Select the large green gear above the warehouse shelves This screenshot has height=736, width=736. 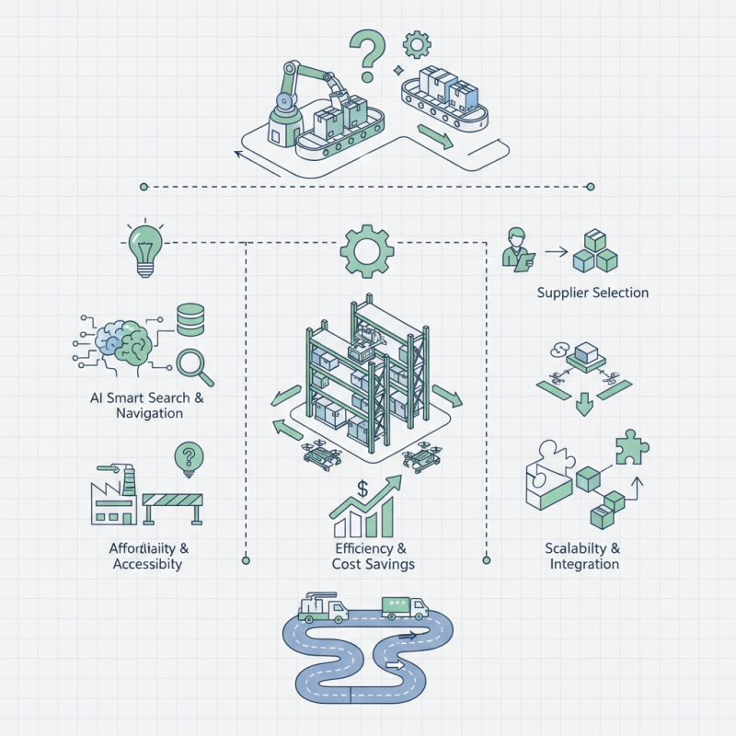[367, 249]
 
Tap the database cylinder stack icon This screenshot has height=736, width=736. [191, 319]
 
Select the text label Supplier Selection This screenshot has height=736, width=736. [592, 293]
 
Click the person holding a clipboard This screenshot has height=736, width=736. [516, 248]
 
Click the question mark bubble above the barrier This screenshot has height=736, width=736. [189, 456]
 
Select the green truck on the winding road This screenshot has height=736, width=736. [405, 607]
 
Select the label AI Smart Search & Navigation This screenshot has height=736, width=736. [137, 406]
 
